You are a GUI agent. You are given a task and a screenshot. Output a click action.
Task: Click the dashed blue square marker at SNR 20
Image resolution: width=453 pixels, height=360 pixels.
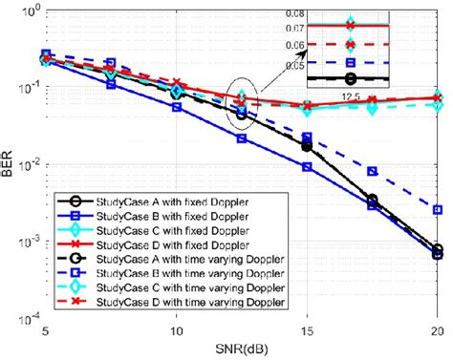click(x=437, y=210)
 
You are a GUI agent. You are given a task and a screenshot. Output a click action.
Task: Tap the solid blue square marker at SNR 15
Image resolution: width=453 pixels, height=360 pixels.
click(x=306, y=167)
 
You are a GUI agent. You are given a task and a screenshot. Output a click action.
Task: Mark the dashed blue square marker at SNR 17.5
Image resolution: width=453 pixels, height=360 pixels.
click(x=372, y=172)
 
